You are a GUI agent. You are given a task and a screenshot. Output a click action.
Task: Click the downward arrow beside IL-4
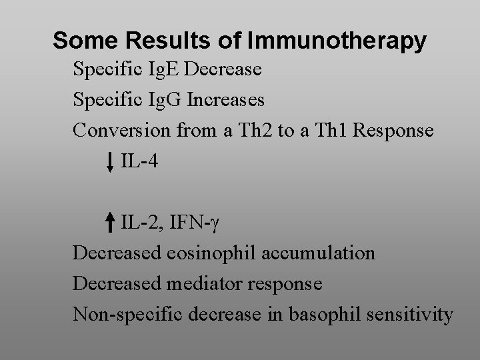click(110, 162)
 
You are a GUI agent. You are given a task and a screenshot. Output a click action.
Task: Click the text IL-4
click(139, 161)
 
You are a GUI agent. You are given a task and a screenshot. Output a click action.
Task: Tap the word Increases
click(226, 100)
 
